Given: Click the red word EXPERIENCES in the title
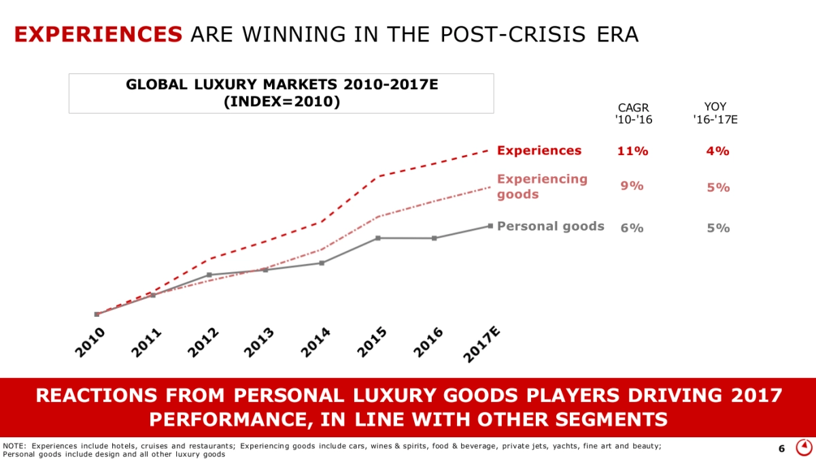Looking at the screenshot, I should point(98,35).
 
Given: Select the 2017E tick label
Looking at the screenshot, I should point(483,344).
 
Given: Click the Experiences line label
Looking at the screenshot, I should point(539,150).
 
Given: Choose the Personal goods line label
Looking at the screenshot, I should point(551,226).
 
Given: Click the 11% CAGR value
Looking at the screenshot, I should point(632,151).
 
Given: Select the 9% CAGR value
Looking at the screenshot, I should point(632,186).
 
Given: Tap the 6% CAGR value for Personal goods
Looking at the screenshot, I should point(632,228).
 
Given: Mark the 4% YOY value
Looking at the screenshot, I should point(718,151).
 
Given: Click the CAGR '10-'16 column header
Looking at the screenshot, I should point(633,114).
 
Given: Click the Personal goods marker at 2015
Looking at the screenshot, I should point(377,238).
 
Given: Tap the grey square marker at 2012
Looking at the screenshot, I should point(209,275).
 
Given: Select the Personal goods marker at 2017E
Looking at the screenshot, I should point(490,226).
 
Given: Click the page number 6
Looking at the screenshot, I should point(781,448).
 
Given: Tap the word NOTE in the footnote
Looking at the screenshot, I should point(14,445).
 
